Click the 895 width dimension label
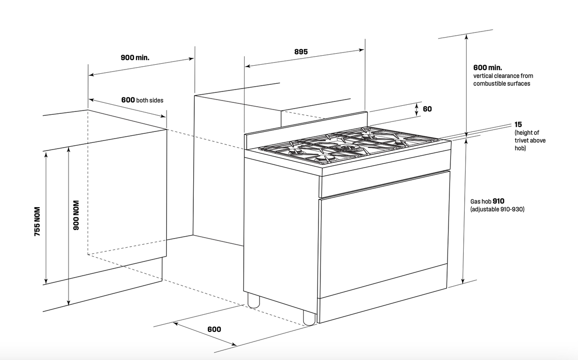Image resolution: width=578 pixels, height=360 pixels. click(301, 51)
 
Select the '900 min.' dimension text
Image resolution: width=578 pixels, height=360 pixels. click(135, 58)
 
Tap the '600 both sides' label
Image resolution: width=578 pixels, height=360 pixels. click(142, 100)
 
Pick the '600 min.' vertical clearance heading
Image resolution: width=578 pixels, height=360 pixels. click(488, 68)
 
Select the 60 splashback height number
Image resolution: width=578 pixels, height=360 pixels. click(427, 109)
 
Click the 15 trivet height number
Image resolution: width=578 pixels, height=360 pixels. click(518, 124)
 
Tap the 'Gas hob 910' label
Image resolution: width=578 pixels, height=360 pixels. click(487, 201)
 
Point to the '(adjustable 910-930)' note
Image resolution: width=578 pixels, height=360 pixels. click(497, 210)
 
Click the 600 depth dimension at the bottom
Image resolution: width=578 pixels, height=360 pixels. click(214, 329)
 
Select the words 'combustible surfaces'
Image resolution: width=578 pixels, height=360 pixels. click(501, 84)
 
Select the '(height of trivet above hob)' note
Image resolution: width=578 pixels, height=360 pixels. click(530, 140)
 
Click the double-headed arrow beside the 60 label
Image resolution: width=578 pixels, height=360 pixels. click(417, 109)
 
